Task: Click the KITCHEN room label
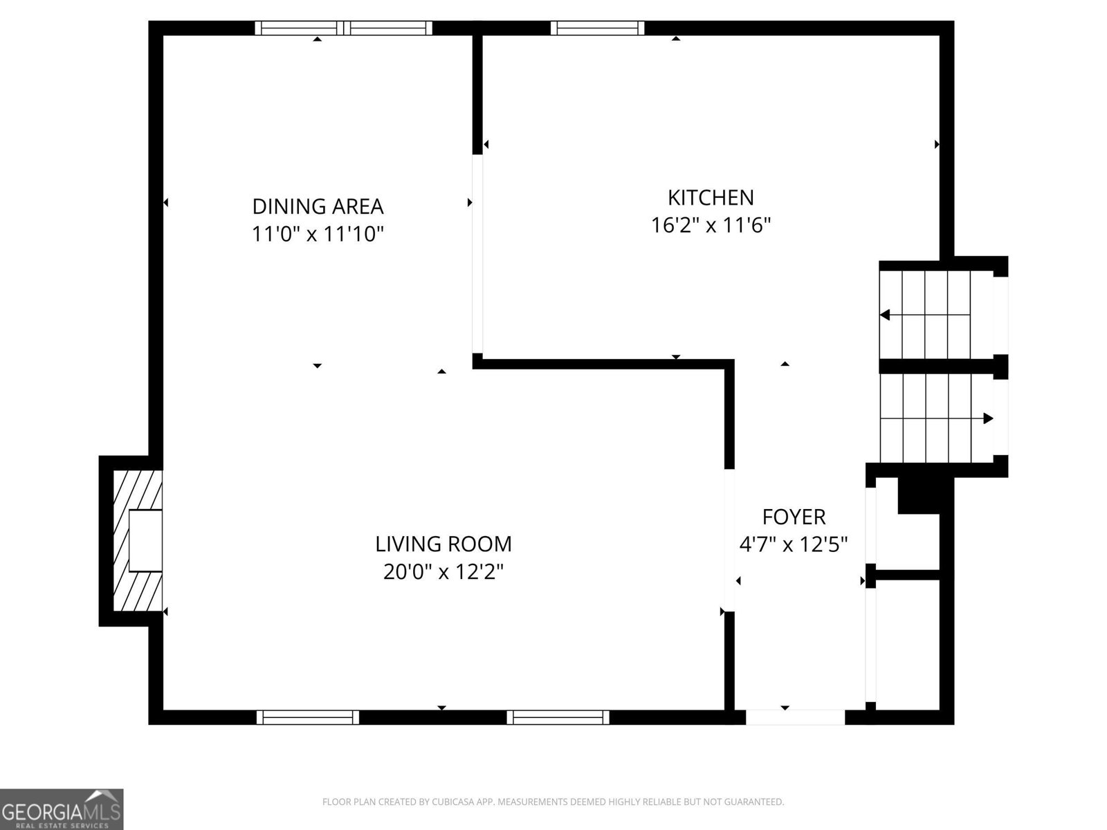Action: pyautogui.click(x=711, y=198)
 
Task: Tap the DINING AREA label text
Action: pyautogui.click(x=318, y=207)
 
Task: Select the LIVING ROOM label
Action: pyautogui.click(x=443, y=544)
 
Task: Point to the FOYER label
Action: pyautogui.click(x=794, y=517)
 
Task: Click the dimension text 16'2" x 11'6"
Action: pyautogui.click(x=711, y=225)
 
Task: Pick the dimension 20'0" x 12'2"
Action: pyautogui.click(x=443, y=572)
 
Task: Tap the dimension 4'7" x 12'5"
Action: pyautogui.click(x=794, y=545)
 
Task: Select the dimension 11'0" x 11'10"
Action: pyautogui.click(x=318, y=234)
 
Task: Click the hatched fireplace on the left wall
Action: pyautogui.click(x=136, y=541)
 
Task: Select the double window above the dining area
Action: pyautogui.click(x=344, y=28)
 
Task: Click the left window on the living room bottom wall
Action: pyautogui.click(x=308, y=717)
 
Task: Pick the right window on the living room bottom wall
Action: pyautogui.click(x=558, y=717)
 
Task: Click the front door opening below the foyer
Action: pyautogui.click(x=795, y=717)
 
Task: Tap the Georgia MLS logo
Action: pyautogui.click(x=62, y=809)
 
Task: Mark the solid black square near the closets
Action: pyautogui.click(x=919, y=495)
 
